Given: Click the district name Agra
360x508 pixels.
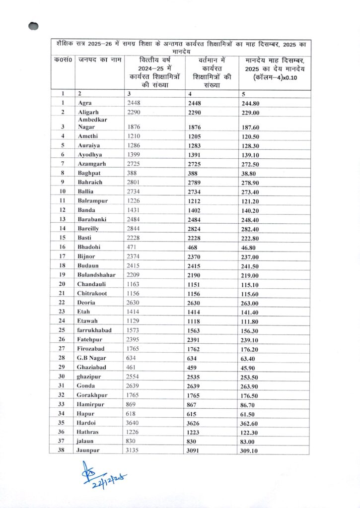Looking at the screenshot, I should pos(85,103).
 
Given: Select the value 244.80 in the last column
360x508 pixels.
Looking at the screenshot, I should pos(251,104).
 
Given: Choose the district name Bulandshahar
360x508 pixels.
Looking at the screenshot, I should pos(96,274).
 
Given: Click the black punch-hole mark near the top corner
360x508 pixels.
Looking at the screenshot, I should pos(34,26).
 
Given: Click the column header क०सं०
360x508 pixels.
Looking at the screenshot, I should pos(63,60).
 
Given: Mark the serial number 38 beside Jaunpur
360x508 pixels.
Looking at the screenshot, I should pos(63,450).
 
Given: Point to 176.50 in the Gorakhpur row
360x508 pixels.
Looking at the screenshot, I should pos(251,395).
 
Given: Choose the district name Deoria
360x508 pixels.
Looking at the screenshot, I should pos(87,302).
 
